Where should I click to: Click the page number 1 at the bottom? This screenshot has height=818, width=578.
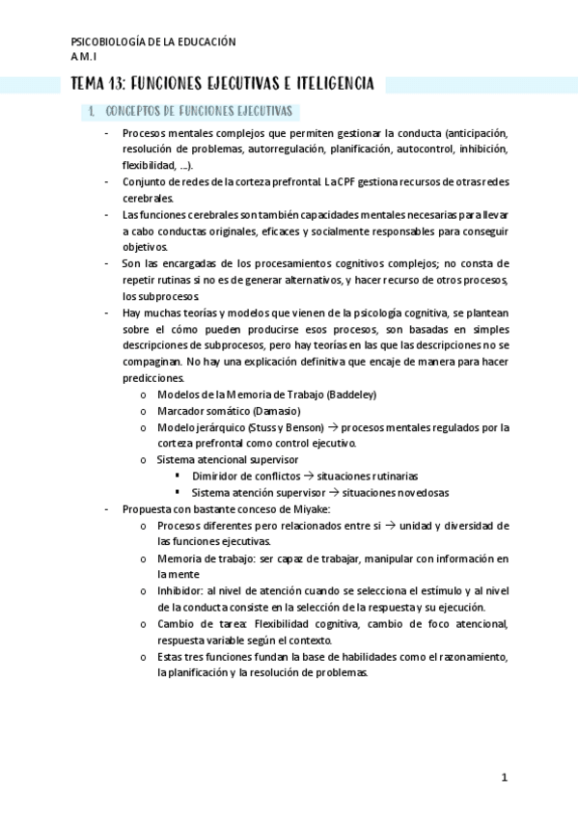point(504,777)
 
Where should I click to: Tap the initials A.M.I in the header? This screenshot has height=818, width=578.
point(86,56)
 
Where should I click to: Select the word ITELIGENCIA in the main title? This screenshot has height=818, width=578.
point(324,85)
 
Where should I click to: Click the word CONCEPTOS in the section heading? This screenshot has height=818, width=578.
point(133,112)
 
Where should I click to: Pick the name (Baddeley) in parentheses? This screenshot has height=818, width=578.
point(352,395)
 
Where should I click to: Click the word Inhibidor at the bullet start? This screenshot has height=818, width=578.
point(178,591)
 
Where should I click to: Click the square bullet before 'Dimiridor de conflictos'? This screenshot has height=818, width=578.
point(179,477)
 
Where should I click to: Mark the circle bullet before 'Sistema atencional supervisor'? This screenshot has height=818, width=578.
point(144,460)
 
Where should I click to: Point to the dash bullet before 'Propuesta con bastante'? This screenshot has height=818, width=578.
point(107,509)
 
